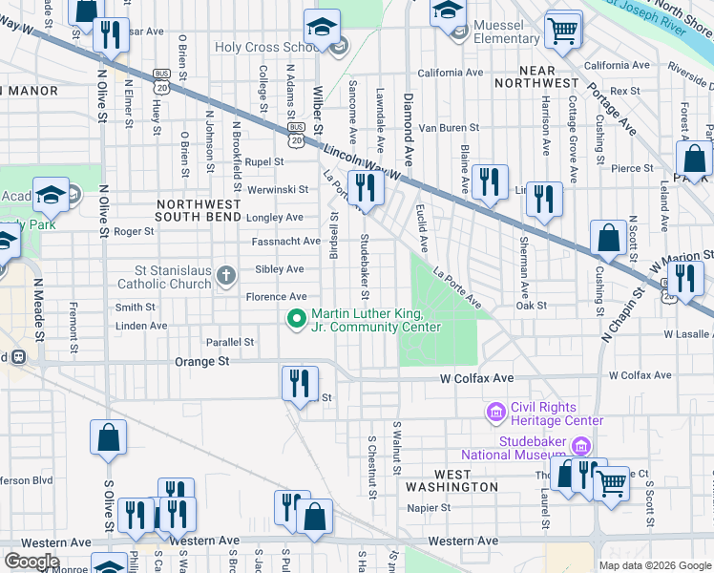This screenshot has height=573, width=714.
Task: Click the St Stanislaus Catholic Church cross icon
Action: coord(226,276)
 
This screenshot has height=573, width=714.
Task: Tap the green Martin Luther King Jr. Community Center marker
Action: coord(298,319)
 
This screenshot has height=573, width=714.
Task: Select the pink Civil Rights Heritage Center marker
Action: coord(495,413)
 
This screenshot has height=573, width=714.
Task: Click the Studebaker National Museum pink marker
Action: coord(578,447)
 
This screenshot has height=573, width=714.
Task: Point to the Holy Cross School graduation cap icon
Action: coord(323,28)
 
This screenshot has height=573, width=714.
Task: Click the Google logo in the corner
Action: coord(31,562)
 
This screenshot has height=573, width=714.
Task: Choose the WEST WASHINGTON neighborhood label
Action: coord(451,480)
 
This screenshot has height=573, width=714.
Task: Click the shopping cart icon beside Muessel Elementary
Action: coord(563,30)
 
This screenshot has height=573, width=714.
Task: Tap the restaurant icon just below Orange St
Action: coord(300,384)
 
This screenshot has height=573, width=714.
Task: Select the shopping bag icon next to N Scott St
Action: coord(608,238)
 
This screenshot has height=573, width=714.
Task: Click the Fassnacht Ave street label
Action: coord(285,242)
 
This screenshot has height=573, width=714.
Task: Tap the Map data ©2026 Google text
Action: coord(654,565)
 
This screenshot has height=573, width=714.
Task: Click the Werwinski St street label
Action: coord(278,190)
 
